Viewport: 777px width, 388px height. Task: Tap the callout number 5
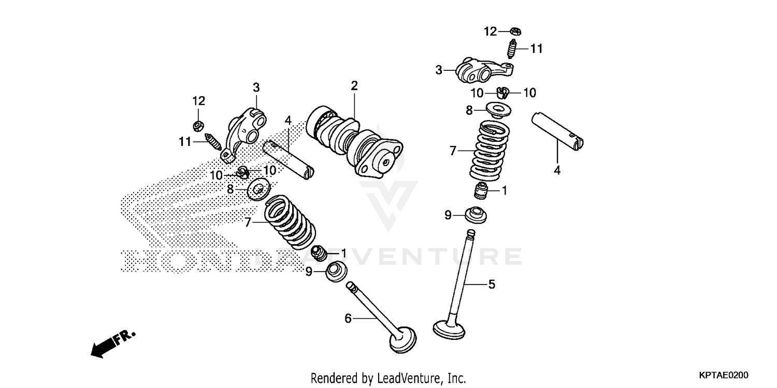pyautogui.click(x=492, y=284)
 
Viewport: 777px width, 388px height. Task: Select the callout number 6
pyautogui.click(x=348, y=319)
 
